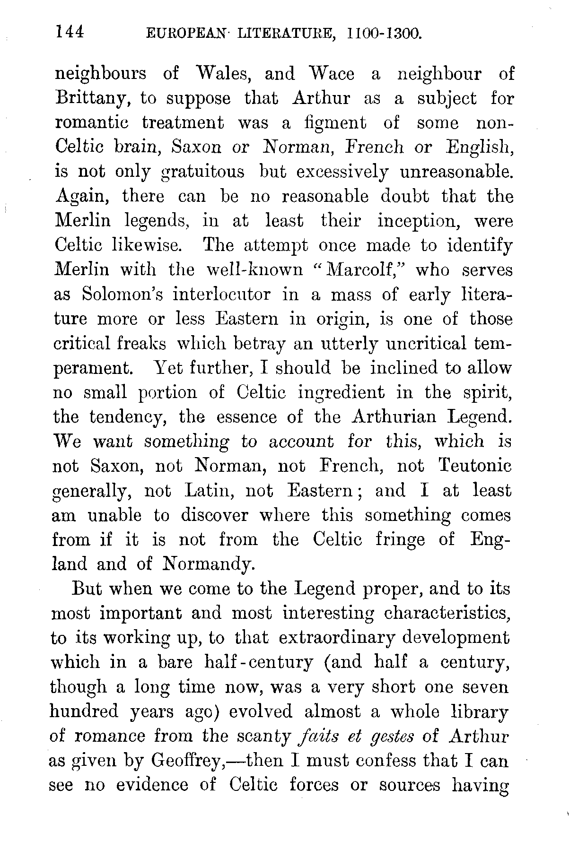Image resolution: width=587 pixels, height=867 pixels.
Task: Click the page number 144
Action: (70, 33)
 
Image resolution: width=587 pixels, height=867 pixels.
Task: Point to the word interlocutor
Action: (221, 295)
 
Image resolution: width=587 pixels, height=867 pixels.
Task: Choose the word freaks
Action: (142, 344)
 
